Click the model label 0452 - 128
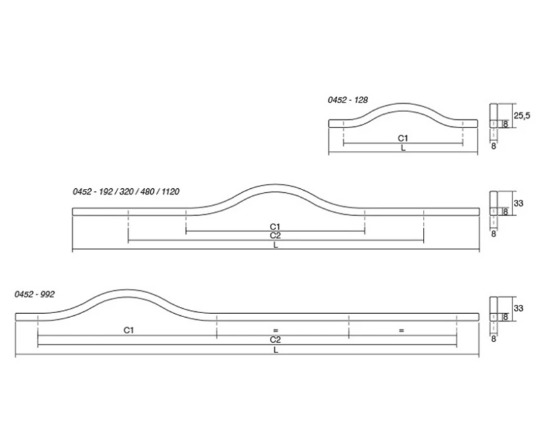tap(348, 100)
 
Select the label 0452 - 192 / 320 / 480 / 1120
tap(126, 191)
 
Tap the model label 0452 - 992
tap(35, 294)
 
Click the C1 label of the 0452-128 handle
tap(403, 138)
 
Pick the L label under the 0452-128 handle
tap(403, 148)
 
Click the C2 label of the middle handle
tap(275, 236)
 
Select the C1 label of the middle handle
tap(275, 226)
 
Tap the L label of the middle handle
tap(275, 246)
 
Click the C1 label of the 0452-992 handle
tap(128, 330)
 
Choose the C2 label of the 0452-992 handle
tap(275, 339)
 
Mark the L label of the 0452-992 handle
tap(275, 350)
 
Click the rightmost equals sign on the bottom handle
tap(400, 330)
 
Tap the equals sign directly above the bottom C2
tap(275, 330)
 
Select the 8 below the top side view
tap(493, 147)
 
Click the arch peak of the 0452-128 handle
tap(403, 103)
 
